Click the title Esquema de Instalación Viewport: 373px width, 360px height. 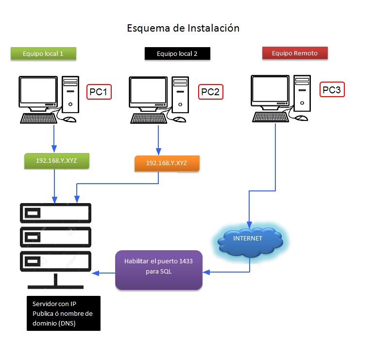[x=183, y=28]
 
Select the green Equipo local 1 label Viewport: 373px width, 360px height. [x=43, y=53]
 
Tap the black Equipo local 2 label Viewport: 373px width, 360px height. [x=177, y=53]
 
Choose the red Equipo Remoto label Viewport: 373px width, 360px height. [x=295, y=53]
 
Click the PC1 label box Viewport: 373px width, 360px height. [x=100, y=92]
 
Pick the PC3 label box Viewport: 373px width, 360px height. [x=333, y=90]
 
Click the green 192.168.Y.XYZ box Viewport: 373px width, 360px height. [x=57, y=161]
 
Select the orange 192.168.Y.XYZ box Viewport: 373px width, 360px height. [x=167, y=163]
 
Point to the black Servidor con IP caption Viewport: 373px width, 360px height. [x=63, y=313]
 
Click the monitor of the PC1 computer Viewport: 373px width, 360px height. [x=38, y=92]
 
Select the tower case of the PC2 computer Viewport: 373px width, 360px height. [x=180, y=93]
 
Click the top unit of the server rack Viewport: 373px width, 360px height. [x=55, y=213]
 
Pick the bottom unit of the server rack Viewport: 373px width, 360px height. [x=55, y=261]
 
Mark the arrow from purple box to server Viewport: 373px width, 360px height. [x=104, y=273]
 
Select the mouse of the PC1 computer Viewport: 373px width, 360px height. [x=70, y=119]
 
